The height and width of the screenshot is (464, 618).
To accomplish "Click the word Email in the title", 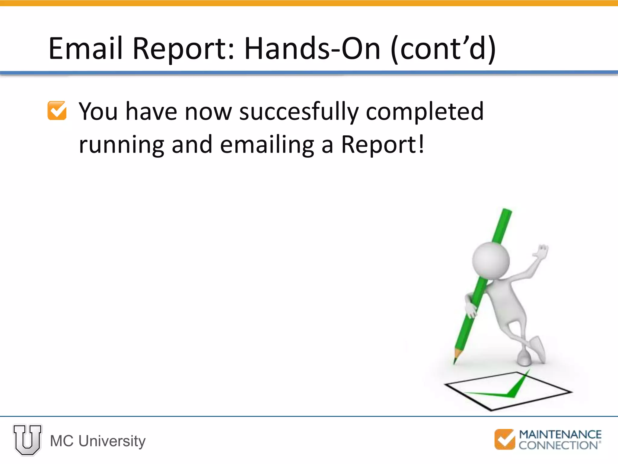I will pos(85,48).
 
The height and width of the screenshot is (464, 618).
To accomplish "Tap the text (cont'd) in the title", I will pos(443,48).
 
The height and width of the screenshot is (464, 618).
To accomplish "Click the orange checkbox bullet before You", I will pos(57,111).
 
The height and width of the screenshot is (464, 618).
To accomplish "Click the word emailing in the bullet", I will pos(267,144).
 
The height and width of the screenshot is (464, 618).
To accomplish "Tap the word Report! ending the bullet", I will pos(383,144).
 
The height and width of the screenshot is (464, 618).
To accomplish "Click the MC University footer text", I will pos(97,441).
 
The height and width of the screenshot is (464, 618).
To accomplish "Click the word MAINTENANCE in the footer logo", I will pos(560,434).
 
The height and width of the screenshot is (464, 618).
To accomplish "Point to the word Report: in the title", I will pos(183,48).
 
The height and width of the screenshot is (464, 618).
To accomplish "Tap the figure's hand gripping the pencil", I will pos(471,310).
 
